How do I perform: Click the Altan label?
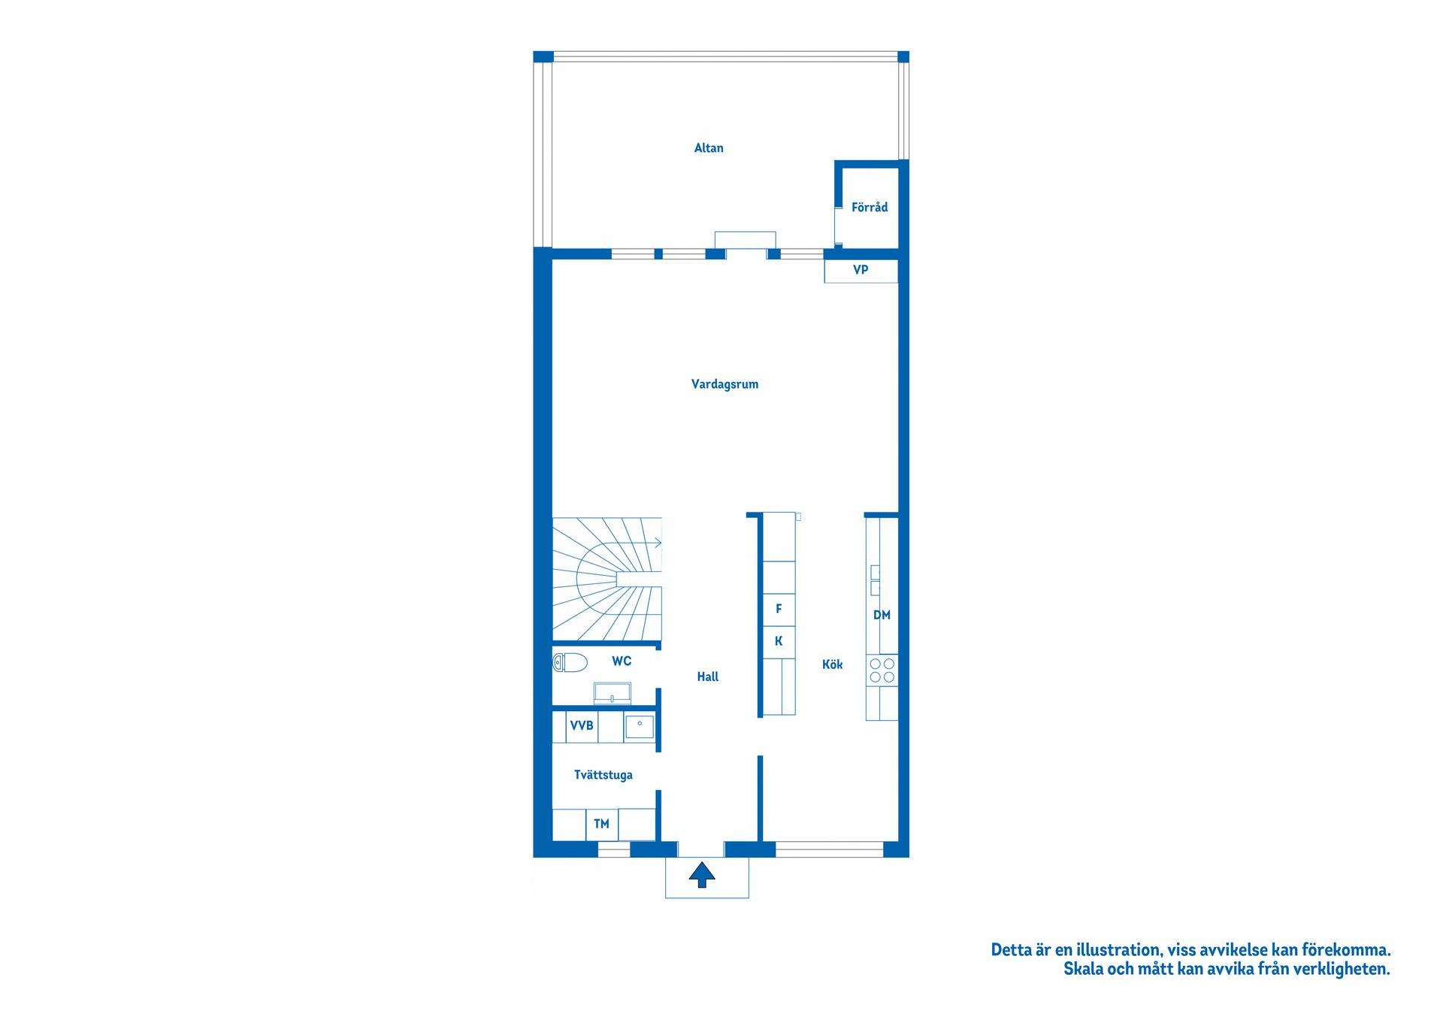click(x=708, y=148)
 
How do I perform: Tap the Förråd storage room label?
click(x=869, y=207)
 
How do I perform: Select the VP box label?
click(x=861, y=270)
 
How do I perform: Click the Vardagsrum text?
click(x=725, y=384)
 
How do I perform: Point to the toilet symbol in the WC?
click(x=570, y=662)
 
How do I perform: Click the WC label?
click(x=621, y=661)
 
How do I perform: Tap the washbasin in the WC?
click(x=612, y=693)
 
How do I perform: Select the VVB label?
click(x=582, y=726)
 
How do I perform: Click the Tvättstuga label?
click(x=603, y=775)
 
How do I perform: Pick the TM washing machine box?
click(x=601, y=825)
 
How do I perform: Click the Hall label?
click(x=707, y=677)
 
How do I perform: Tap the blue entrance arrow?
click(x=702, y=875)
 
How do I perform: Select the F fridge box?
click(x=779, y=609)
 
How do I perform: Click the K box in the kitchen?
click(x=779, y=641)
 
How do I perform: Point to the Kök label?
click(x=832, y=664)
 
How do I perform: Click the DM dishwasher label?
click(x=882, y=616)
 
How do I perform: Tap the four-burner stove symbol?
click(x=882, y=670)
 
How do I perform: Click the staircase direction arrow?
click(x=657, y=543)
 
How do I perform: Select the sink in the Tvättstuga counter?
click(x=640, y=727)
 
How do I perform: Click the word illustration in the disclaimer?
click(x=1116, y=950)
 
